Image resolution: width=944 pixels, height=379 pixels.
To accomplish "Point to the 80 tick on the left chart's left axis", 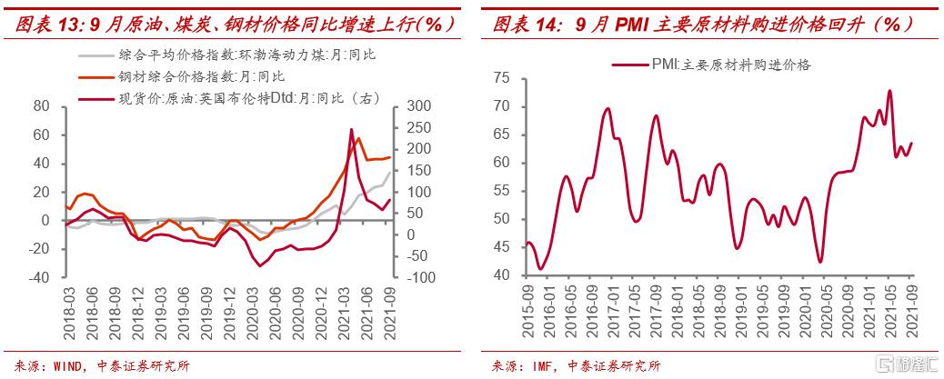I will [x=41, y=106].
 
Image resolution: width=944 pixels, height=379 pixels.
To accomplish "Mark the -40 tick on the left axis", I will [x=37, y=277].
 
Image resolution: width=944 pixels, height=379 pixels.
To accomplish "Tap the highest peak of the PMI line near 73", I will [x=889, y=90].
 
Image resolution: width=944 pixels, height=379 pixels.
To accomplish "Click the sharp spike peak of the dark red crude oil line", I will [x=351, y=129].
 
